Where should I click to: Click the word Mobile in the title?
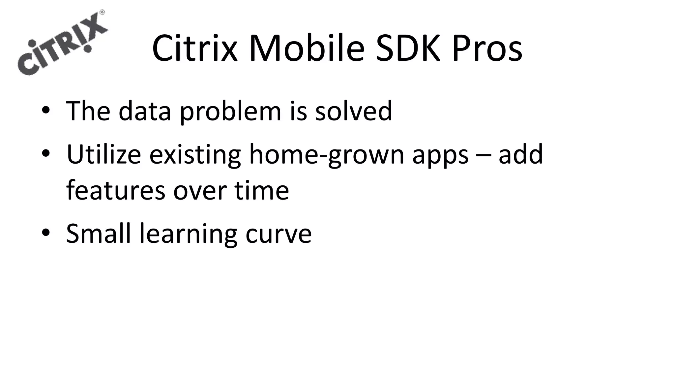tap(307, 49)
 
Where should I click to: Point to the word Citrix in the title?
tap(194, 49)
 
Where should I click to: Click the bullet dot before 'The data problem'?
tap(46, 111)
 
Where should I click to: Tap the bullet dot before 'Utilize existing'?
tap(46, 153)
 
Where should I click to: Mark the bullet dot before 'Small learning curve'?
tap(46, 233)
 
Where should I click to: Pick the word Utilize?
tap(103, 154)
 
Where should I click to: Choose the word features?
tap(115, 190)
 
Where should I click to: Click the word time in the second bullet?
tap(262, 190)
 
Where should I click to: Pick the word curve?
tap(279, 234)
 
